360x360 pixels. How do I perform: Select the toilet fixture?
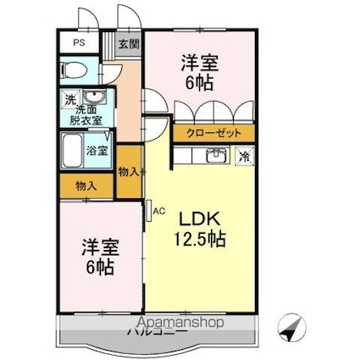[75, 69]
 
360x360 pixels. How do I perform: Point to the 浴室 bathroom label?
[96, 152]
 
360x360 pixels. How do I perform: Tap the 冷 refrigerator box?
[243, 156]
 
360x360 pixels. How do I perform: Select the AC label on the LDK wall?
[158, 212]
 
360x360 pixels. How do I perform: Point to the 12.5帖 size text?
[200, 239]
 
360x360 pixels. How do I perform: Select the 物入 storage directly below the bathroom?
[86, 185]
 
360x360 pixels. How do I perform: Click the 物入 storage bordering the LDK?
[129, 172]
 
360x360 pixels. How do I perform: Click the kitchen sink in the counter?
[214, 155]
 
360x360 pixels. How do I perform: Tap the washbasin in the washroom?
[92, 95]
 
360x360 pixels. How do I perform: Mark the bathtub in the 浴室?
[72, 152]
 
